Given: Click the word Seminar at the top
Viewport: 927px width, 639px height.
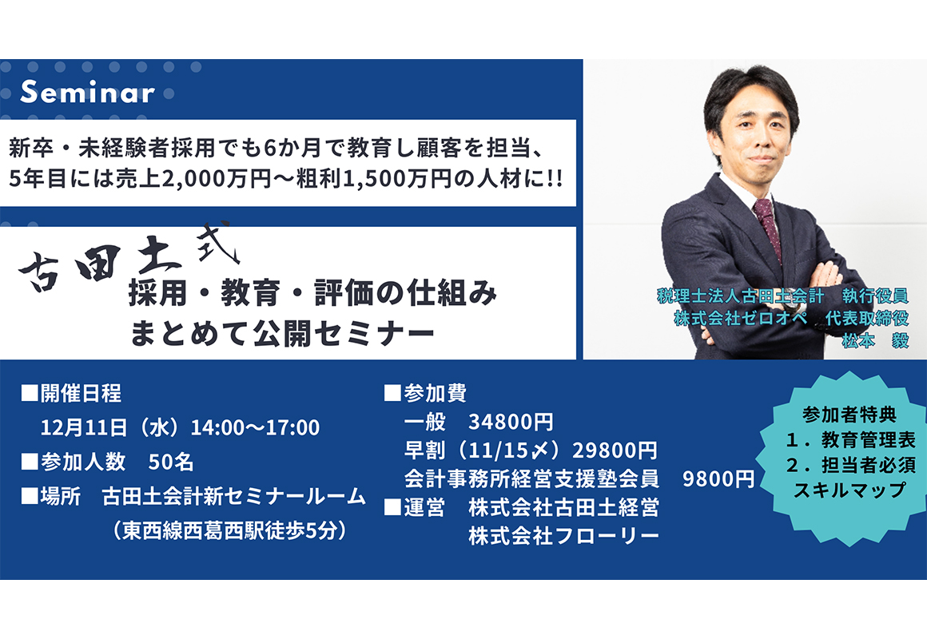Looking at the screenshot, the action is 87,92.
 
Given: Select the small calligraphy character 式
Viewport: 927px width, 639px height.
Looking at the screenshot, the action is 219,242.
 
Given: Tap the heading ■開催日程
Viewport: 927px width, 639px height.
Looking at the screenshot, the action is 72,393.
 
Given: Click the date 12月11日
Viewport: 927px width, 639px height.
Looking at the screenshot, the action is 83,427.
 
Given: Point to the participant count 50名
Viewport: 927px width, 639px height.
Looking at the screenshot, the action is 171,462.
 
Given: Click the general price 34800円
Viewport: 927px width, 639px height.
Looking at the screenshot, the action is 511,422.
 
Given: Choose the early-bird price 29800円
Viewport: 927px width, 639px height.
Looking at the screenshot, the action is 615,450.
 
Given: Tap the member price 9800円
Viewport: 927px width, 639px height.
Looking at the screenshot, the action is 718,478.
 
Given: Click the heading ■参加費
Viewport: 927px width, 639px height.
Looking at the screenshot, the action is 426,393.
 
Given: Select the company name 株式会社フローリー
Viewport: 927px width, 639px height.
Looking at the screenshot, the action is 563,535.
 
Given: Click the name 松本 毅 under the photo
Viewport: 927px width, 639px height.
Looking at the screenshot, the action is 876,341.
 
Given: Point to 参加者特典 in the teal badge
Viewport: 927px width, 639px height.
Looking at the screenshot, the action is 849,415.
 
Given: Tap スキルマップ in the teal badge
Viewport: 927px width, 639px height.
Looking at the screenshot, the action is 849,490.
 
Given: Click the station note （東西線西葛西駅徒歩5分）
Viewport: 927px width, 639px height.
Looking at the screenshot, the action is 229,530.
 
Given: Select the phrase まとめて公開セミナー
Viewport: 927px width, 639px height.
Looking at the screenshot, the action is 283,334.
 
